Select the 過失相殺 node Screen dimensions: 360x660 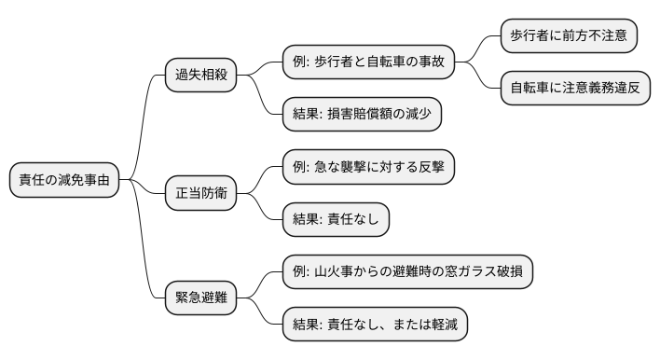tap(199, 76)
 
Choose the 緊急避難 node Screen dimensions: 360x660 tap(199, 298)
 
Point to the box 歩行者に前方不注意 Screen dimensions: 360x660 tap(569, 36)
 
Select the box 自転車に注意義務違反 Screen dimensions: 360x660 tap(574, 89)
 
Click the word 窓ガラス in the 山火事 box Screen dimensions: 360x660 tap(467, 271)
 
